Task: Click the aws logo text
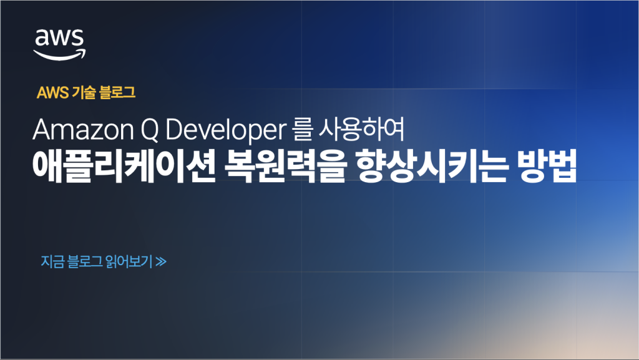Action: click(59, 37)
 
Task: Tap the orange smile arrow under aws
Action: click(59, 55)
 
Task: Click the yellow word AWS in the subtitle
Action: click(52, 93)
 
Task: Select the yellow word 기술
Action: click(84, 92)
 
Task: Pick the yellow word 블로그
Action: click(117, 92)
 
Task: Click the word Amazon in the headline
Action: click(83, 130)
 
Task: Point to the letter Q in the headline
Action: click(150, 130)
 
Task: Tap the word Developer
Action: click(226, 131)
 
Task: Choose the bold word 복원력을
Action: click(285, 166)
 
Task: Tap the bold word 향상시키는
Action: click(432, 166)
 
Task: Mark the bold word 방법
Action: click(547, 166)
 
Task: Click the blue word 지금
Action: click(52, 261)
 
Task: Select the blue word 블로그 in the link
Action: click(85, 261)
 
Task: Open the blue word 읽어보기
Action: click(129, 261)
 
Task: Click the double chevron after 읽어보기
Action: click(161, 261)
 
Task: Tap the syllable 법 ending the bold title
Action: click(562, 166)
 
